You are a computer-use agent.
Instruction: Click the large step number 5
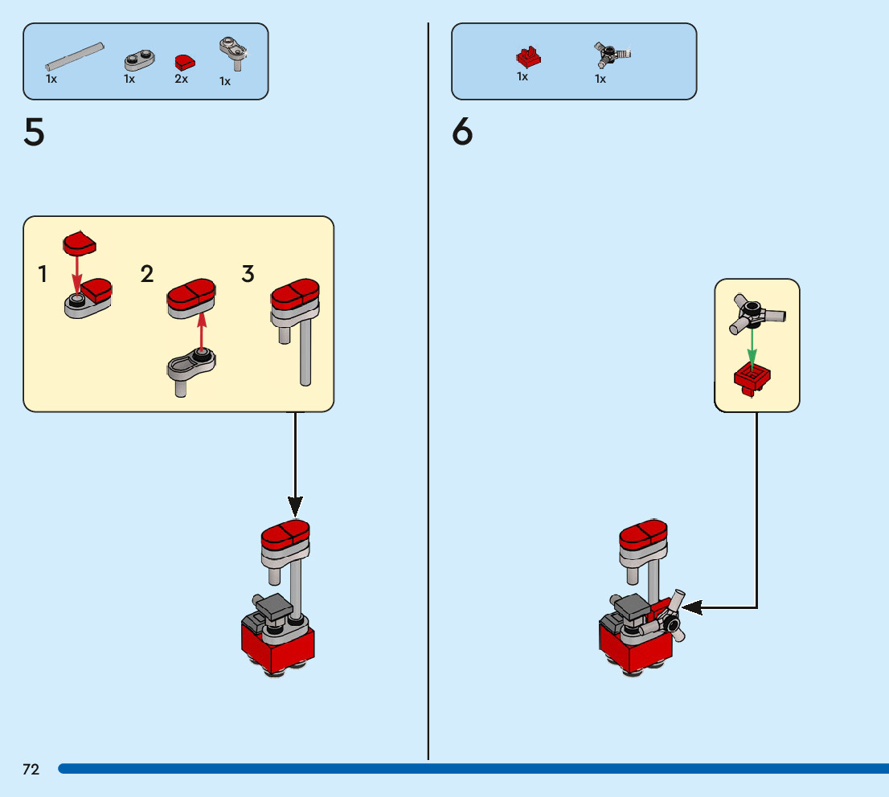(x=34, y=133)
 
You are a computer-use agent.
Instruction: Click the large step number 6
(x=462, y=133)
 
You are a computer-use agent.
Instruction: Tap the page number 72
(x=31, y=770)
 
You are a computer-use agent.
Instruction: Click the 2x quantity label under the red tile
(x=181, y=79)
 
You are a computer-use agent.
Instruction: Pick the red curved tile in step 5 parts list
(x=185, y=61)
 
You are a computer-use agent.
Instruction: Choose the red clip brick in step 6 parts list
(x=528, y=56)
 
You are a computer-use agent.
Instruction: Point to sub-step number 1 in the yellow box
(x=42, y=275)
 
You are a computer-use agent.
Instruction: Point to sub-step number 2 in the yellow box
(x=147, y=274)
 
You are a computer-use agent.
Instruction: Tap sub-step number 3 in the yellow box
(x=248, y=274)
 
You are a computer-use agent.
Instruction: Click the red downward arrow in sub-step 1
(x=77, y=273)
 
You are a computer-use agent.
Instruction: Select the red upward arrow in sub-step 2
(x=202, y=329)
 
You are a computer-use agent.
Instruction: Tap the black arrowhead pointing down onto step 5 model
(x=296, y=506)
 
